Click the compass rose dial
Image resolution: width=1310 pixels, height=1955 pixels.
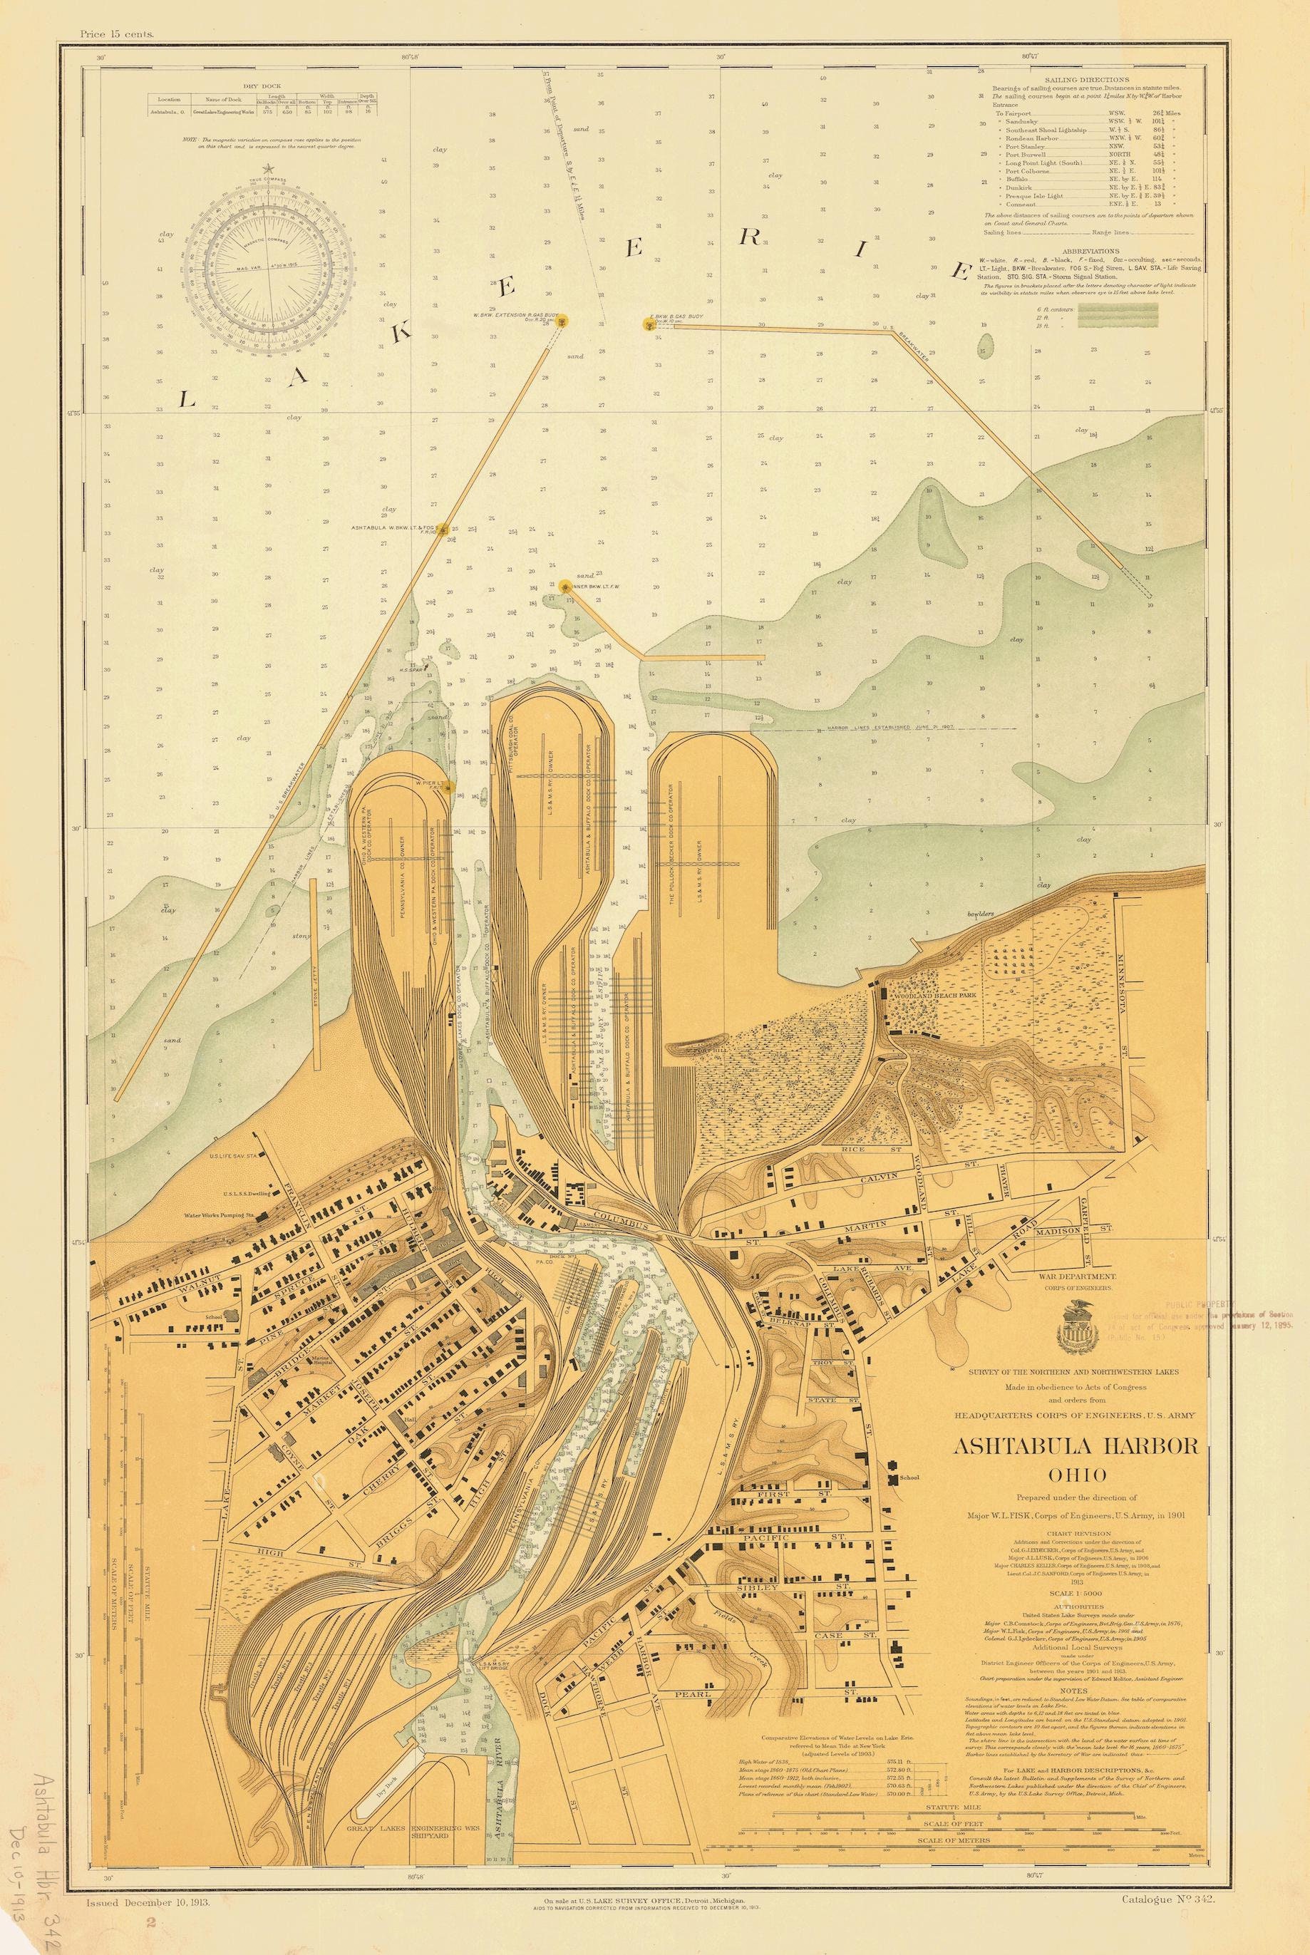(x=267, y=267)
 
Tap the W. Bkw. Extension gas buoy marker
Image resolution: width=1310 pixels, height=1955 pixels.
(x=563, y=319)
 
